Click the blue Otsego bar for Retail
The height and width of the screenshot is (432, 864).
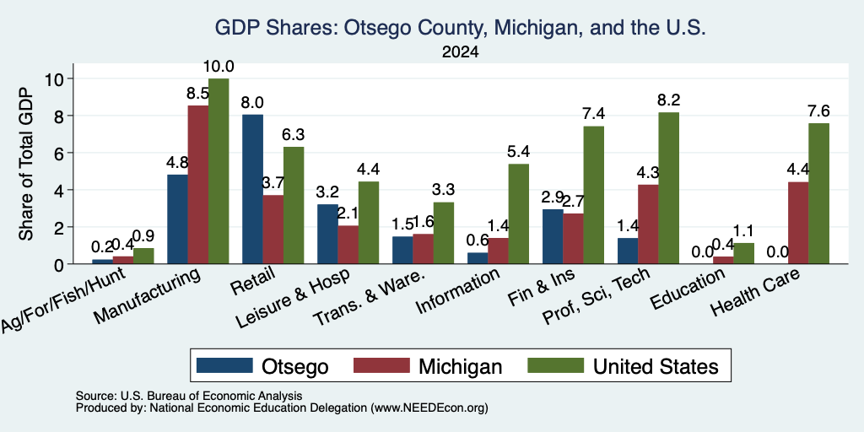[252, 189]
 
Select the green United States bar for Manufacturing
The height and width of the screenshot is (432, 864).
[219, 170]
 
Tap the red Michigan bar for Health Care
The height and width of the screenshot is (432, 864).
[798, 223]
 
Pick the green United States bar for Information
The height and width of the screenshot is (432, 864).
[519, 213]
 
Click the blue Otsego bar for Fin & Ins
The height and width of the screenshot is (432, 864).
[553, 236]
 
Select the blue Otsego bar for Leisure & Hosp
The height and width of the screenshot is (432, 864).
[327, 234]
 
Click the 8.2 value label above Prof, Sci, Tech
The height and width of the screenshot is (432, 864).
[668, 100]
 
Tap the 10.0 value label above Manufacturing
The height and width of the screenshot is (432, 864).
[219, 67]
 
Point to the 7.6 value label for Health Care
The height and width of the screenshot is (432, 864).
[818, 111]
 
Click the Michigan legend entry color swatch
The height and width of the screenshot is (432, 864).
[381, 365]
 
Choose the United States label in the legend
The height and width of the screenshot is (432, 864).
[656, 366]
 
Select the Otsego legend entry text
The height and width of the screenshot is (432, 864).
[294, 366]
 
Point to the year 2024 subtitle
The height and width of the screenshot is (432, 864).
[460, 52]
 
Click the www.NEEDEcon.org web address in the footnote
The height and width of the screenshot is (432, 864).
[429, 408]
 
